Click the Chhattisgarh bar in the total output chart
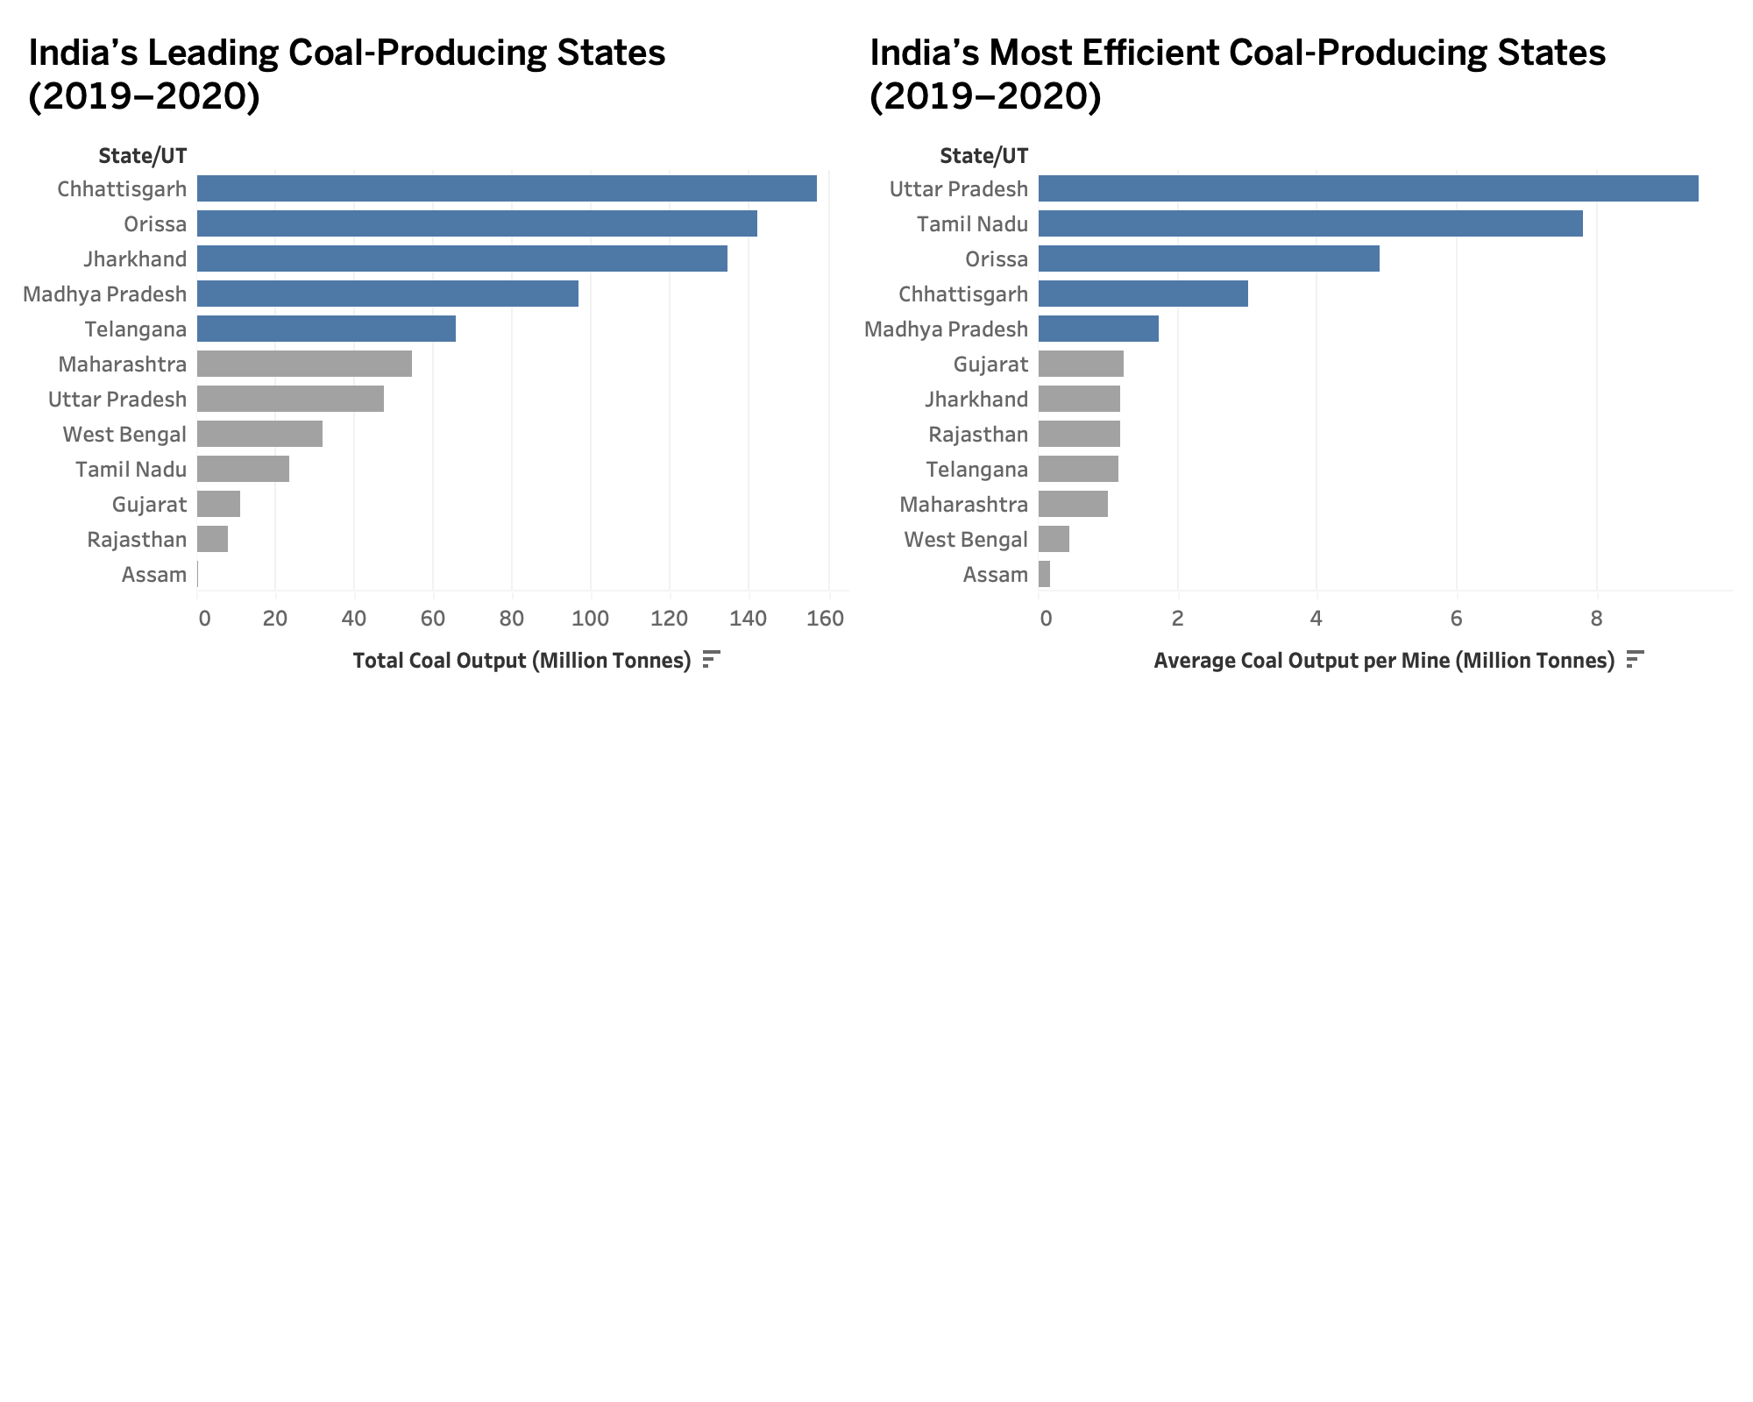507,188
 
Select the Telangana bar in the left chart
326,329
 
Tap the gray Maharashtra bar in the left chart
304,364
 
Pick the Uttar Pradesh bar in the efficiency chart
1367,188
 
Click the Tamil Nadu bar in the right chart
1310,223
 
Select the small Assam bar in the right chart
1044,574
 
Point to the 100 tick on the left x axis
591,619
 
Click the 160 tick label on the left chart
826,619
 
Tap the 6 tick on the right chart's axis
1456,619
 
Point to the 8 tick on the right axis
1596,619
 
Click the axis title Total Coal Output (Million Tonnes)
522,661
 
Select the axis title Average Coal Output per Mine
1383,661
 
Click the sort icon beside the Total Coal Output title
711,659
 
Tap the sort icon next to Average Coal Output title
1635,659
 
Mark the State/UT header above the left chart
142,156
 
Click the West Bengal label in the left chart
124,435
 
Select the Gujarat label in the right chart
990,365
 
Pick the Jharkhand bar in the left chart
462,258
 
